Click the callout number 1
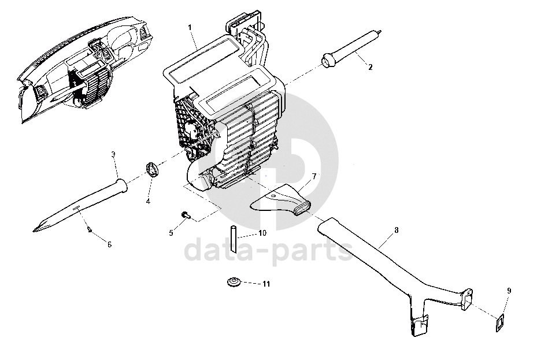pyautogui.click(x=190, y=27)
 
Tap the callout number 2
pyautogui.click(x=371, y=67)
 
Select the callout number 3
pyautogui.click(x=113, y=154)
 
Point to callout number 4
pyautogui.click(x=147, y=201)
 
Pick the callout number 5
pyautogui.click(x=171, y=233)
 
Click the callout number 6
pyautogui.click(x=109, y=244)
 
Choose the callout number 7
pyautogui.click(x=314, y=175)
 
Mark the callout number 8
pyautogui.click(x=396, y=230)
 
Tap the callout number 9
pyautogui.click(x=509, y=291)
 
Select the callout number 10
pyautogui.click(x=262, y=233)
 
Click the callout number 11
pyautogui.click(x=266, y=284)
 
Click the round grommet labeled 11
pyautogui.click(x=234, y=283)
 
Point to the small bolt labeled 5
pyautogui.click(x=186, y=215)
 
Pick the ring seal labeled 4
pyautogui.click(x=153, y=170)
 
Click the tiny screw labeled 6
pyautogui.click(x=89, y=228)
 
